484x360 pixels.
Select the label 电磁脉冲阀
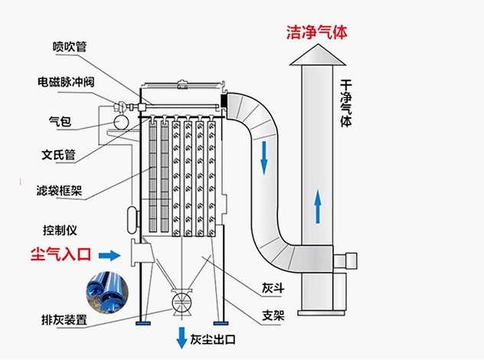tap(67, 82)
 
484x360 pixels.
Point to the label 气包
tap(59, 121)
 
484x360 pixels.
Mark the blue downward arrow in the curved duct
tap(264, 157)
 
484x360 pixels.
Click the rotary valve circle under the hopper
tap(181, 300)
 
